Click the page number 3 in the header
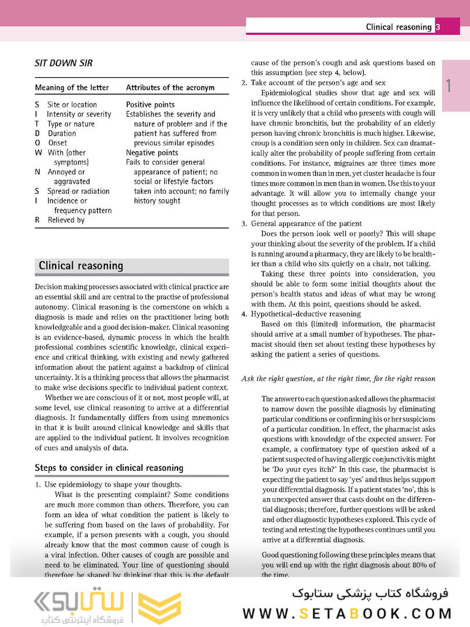coord(438,27)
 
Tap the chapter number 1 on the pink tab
coord(449,86)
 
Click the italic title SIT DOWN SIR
coord(63,63)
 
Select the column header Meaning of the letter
coord(71,88)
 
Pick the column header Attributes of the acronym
coord(170,88)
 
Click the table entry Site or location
coord(72,105)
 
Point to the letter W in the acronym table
coord(38,153)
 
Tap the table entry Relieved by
coord(66,220)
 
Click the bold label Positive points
coord(150,105)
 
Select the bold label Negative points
coord(152,153)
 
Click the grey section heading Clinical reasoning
coord(81,266)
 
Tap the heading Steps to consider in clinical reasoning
coord(109,467)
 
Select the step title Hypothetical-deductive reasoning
coord(306,314)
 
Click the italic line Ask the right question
coord(338,379)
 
